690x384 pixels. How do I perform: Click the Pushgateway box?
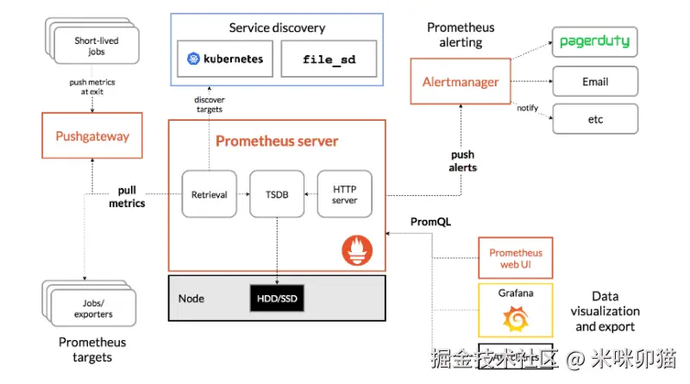pos(92,135)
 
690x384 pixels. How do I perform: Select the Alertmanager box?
pos(461,82)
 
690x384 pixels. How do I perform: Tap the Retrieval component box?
pos(209,194)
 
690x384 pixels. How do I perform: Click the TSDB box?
pos(278,194)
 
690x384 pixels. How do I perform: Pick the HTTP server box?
pos(344,194)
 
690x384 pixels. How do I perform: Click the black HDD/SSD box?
pos(277,298)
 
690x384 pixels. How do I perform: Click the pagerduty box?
pos(594,41)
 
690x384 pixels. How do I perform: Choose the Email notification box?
pos(594,82)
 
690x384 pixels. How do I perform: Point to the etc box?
pos(594,118)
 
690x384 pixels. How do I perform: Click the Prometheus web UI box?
pos(516,258)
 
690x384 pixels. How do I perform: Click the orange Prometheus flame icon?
pos(357,252)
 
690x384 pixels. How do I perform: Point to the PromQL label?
pos(430,222)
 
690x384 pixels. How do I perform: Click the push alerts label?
pos(462,161)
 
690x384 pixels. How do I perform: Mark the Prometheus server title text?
pos(277,141)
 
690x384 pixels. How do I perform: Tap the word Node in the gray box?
pos(191,299)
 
